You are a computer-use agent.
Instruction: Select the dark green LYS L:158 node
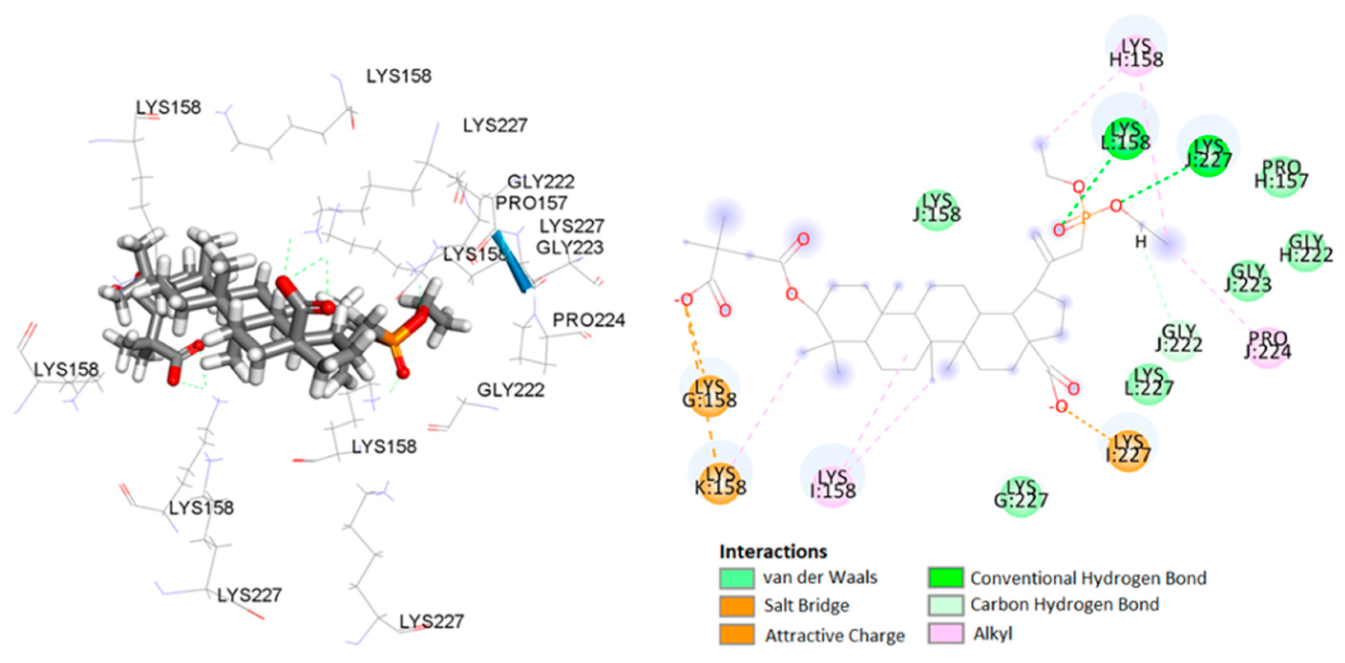[x=1125, y=138]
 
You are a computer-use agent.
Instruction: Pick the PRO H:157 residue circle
[x=1281, y=176]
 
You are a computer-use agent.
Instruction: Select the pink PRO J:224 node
[x=1268, y=347]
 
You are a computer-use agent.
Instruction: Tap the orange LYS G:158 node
[x=710, y=395]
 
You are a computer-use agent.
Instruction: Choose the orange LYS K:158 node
[x=720, y=483]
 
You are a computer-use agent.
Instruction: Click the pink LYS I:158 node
[x=833, y=485]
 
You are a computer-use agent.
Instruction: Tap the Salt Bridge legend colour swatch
[x=736, y=605]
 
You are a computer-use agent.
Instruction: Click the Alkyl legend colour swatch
[x=946, y=634]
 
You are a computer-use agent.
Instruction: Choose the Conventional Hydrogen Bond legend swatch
[x=946, y=577]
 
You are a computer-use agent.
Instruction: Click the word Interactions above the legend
[x=773, y=552]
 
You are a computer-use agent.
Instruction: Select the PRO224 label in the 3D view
[x=589, y=320]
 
